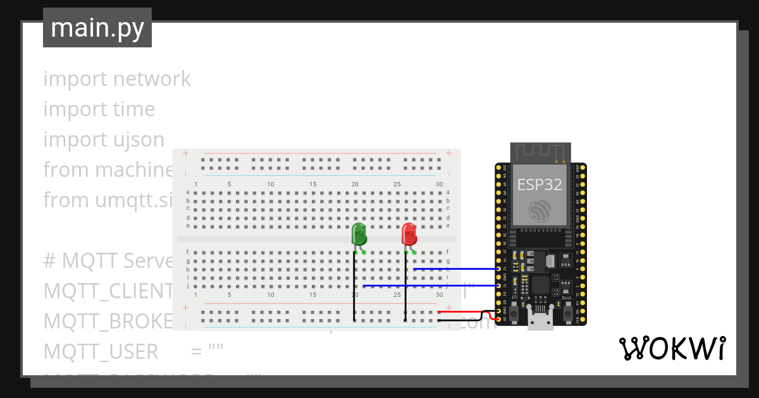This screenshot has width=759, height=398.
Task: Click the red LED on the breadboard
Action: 409,234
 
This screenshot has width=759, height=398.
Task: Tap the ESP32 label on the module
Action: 540,184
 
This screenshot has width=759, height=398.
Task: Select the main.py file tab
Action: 97,28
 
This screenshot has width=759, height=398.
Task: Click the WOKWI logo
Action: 672,348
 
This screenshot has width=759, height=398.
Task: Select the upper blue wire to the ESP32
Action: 455,269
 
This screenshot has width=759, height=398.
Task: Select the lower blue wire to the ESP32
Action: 430,286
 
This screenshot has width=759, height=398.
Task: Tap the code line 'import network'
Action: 117,79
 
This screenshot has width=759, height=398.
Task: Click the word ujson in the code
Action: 135,140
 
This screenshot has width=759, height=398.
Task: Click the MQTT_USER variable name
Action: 101,351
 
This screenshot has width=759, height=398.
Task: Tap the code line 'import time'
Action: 99,109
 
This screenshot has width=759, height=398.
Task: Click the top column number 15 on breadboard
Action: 313,184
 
